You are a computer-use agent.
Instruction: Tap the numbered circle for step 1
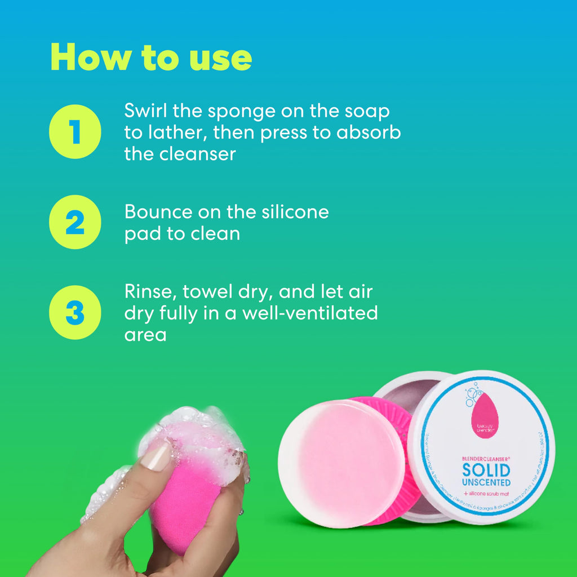coord(75,131)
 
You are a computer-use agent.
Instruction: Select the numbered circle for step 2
coord(75,222)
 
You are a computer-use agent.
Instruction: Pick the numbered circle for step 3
coord(75,312)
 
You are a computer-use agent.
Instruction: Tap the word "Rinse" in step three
coord(147,292)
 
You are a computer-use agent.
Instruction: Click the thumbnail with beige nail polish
coord(156,456)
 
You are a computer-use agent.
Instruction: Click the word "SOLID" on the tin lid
coord(486,469)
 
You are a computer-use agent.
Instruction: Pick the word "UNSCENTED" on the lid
coord(486,483)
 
